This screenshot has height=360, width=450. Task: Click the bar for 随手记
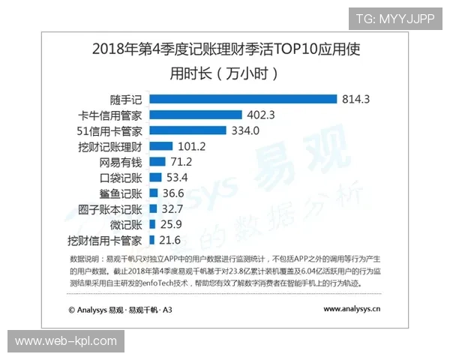(x=243, y=99)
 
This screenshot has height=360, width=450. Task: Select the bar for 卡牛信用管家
(x=196, y=115)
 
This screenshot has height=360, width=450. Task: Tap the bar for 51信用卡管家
(x=187, y=130)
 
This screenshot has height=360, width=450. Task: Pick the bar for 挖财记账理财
(x=161, y=146)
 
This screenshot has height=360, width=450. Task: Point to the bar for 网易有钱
(x=157, y=162)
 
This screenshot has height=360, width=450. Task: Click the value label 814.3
(x=357, y=99)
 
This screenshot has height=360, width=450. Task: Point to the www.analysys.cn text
(x=352, y=308)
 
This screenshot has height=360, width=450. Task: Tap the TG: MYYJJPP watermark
(x=394, y=17)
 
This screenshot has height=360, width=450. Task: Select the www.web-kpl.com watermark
(x=66, y=342)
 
